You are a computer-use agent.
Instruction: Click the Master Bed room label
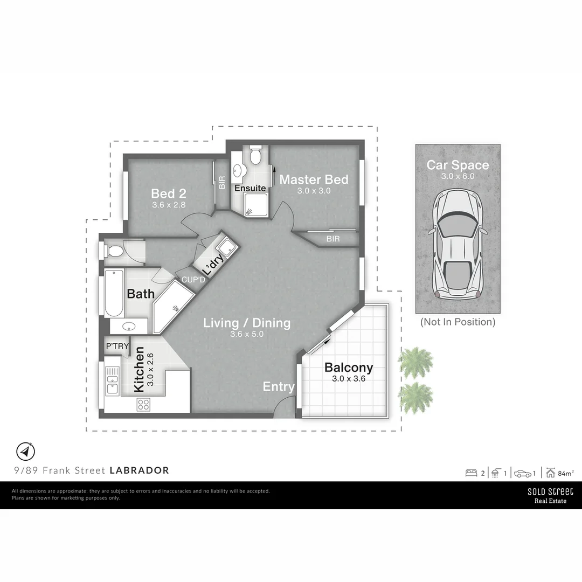[x=314, y=179]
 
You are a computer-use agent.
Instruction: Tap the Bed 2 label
[x=169, y=194]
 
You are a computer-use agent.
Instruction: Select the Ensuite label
[x=250, y=188]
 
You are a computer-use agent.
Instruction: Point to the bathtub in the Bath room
[x=114, y=293]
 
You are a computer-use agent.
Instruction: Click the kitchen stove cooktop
[x=143, y=405]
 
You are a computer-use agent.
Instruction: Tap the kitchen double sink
[x=113, y=381]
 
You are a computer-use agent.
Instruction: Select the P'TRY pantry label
[x=117, y=346]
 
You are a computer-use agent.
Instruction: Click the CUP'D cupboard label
[x=193, y=280]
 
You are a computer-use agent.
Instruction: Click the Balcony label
[x=349, y=368]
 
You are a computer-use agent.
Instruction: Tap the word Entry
[x=279, y=387]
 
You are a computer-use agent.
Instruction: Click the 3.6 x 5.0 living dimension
[x=247, y=334]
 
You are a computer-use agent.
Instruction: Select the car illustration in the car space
[x=458, y=245]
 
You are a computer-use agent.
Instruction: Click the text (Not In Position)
[x=458, y=322]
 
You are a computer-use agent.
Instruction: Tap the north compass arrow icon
[x=26, y=452]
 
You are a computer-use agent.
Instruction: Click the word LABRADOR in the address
[x=139, y=470]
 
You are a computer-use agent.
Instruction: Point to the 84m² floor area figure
[x=566, y=473]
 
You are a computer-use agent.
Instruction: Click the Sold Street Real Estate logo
[x=550, y=496]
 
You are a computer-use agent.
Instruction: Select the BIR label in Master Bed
[x=333, y=239]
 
